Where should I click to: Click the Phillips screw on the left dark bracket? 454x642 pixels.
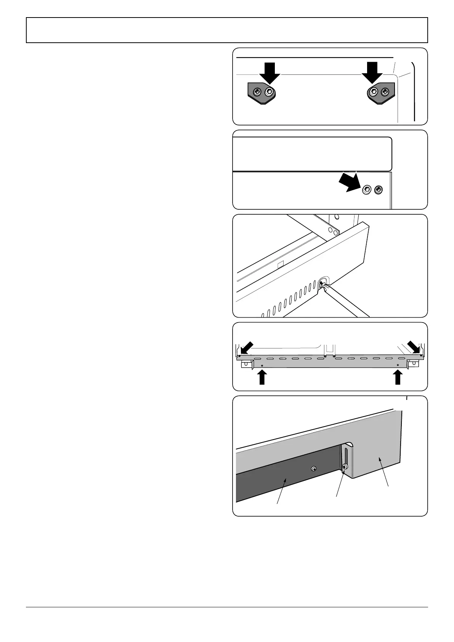pos(258,91)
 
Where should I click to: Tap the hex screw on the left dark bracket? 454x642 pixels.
pos(270,91)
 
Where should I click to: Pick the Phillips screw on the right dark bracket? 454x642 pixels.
pos(385,91)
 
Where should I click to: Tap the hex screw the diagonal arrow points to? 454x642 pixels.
pos(367,189)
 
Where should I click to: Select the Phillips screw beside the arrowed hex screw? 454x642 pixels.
pos(379,189)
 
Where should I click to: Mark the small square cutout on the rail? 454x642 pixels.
pos(281,264)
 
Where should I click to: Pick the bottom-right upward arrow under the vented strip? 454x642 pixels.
pos(398,378)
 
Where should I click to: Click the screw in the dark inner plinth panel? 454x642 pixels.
pos(313,469)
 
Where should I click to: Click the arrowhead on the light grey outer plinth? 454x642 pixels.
pos(380,460)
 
